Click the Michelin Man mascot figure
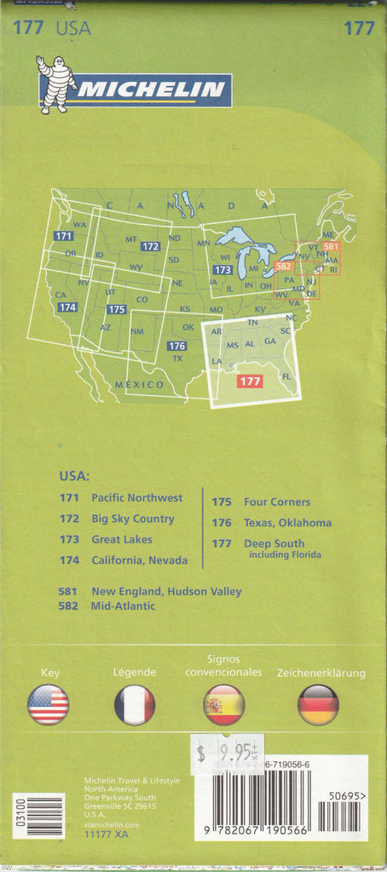tap(54, 84)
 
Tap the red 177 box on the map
tap(250, 381)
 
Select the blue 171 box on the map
tap(63, 236)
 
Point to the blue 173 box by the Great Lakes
tap(222, 270)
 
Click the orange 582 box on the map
tap(285, 267)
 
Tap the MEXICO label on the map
tap(140, 385)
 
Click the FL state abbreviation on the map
tap(286, 376)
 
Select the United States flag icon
tap(49, 704)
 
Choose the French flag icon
tap(135, 704)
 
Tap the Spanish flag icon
tap(223, 704)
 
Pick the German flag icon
tap(318, 704)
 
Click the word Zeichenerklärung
tap(321, 673)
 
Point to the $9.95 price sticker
tap(227, 751)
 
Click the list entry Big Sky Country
tap(132, 519)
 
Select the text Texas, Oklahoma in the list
tap(287, 523)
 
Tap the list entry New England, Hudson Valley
tap(166, 591)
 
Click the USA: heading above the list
tap(74, 476)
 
